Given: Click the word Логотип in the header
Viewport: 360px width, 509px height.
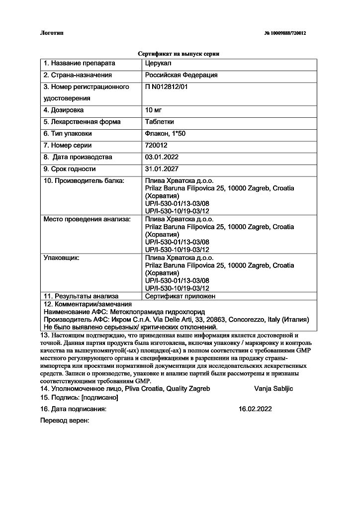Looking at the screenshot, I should click(x=52, y=33).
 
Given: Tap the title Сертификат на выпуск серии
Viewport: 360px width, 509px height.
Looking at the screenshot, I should click(x=178, y=54).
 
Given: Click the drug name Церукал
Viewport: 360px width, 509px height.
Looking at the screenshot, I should click(x=158, y=64).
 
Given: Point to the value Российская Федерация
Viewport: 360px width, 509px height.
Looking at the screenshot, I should click(x=181, y=75).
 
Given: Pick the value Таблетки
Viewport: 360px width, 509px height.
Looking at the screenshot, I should click(x=159, y=122).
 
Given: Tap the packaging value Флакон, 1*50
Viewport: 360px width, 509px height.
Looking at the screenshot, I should click(x=165, y=134).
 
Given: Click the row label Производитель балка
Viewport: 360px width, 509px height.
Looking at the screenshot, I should click(x=84, y=181).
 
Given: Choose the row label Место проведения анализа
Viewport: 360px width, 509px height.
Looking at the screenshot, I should click(x=87, y=219).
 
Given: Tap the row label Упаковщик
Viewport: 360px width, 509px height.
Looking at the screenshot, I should click(x=62, y=258).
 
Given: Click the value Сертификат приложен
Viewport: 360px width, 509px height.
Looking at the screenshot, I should click(x=180, y=296).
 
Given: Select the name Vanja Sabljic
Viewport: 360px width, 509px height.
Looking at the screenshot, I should click(x=273, y=388).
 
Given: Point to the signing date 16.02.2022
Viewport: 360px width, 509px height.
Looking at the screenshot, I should click(x=255, y=409).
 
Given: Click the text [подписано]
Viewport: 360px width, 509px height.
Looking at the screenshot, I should click(x=99, y=398).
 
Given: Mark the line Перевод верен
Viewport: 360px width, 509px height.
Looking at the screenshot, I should click(x=64, y=421).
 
